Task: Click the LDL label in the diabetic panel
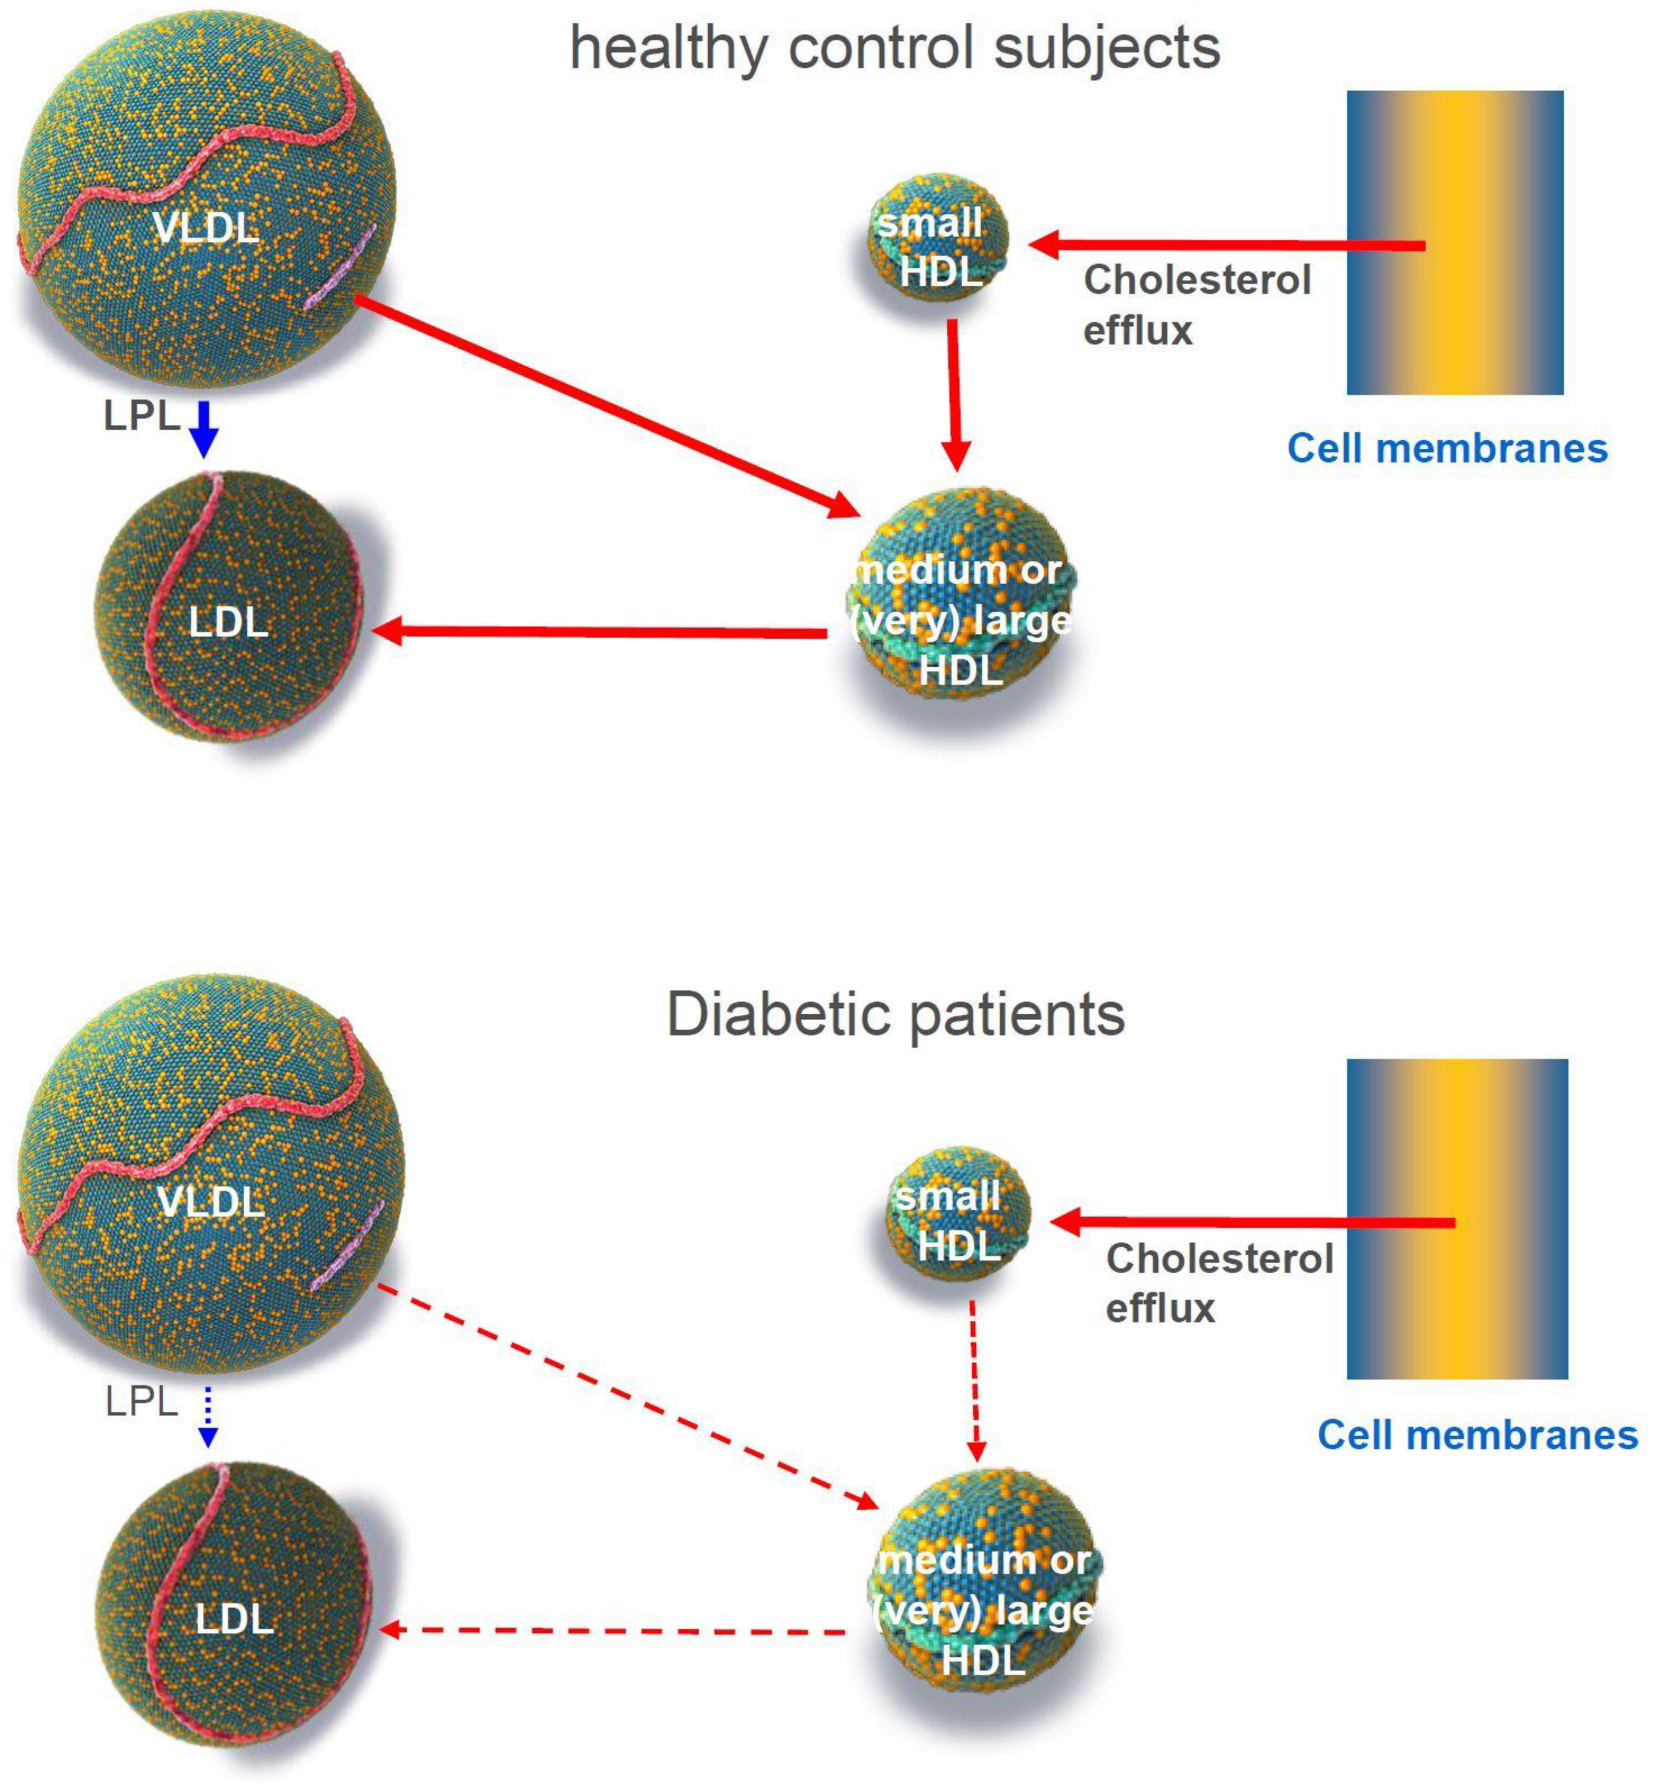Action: tap(235, 1619)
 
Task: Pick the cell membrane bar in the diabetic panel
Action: tap(1457, 1217)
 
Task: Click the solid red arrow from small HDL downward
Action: tap(955, 394)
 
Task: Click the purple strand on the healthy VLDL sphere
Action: tap(341, 269)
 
